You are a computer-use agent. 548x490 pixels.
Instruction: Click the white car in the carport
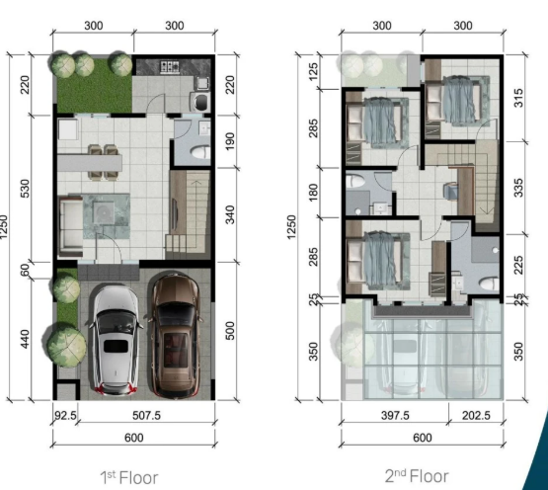pyautogui.click(x=116, y=340)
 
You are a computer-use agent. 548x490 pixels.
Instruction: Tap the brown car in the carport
pyautogui.click(x=175, y=336)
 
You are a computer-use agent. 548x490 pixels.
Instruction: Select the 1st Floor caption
pyautogui.click(x=129, y=478)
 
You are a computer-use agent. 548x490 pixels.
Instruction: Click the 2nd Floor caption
pyautogui.click(x=417, y=476)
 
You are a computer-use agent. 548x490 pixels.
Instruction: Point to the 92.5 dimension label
pyautogui.click(x=65, y=416)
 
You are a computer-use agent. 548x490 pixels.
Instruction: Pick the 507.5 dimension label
pyautogui.click(x=146, y=416)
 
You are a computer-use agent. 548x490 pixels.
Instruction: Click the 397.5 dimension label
pyautogui.click(x=395, y=416)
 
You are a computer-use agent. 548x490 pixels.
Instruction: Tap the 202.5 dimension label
pyautogui.click(x=476, y=416)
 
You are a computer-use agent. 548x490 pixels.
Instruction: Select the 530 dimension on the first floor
pyautogui.click(x=25, y=189)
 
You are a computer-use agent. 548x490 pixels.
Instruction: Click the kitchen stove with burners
pyautogui.click(x=170, y=66)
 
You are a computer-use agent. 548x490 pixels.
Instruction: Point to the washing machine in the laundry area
pyautogui.click(x=200, y=102)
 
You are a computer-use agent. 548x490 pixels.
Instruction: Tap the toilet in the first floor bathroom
pyautogui.click(x=200, y=152)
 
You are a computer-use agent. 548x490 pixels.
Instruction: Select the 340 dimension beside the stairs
pyautogui.click(x=230, y=214)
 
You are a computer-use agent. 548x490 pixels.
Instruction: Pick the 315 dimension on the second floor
pyautogui.click(x=518, y=98)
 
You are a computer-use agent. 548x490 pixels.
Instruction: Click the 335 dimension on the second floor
pyautogui.click(x=518, y=188)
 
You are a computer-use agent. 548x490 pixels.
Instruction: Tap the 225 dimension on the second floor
pyautogui.click(x=518, y=265)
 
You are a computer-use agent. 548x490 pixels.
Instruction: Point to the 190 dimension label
pyautogui.click(x=230, y=141)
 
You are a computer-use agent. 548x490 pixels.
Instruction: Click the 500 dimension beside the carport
pyautogui.click(x=230, y=331)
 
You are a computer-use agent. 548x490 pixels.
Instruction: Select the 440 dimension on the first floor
pyautogui.click(x=25, y=339)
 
